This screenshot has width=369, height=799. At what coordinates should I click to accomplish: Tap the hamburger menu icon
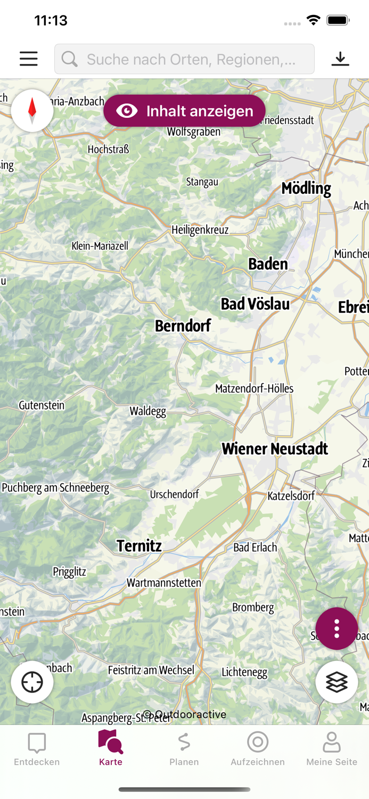(29, 59)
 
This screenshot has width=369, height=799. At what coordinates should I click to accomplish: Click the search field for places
(184, 59)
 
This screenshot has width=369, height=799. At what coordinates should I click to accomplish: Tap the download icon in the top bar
(340, 59)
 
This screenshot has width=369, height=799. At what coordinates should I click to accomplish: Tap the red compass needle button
(32, 111)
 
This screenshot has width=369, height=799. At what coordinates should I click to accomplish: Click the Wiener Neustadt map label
(275, 449)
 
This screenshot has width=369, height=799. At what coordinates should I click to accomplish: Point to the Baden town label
(268, 264)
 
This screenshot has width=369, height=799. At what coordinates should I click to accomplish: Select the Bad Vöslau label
(255, 304)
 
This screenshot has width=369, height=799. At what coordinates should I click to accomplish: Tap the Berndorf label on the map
(183, 325)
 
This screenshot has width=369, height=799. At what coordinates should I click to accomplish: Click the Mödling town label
(306, 188)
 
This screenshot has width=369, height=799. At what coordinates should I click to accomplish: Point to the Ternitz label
(139, 545)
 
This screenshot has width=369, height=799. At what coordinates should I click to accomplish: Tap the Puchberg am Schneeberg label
(55, 487)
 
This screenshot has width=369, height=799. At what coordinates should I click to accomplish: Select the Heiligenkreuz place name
(200, 230)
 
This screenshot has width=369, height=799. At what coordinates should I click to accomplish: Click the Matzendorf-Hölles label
(254, 388)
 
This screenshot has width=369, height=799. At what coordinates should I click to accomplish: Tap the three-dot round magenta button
(337, 629)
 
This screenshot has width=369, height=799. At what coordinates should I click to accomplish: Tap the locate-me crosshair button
(32, 682)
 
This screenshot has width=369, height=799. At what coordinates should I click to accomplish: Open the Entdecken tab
(37, 748)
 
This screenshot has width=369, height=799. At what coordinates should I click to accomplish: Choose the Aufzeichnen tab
(258, 748)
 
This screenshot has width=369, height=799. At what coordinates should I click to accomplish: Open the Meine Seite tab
(332, 748)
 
